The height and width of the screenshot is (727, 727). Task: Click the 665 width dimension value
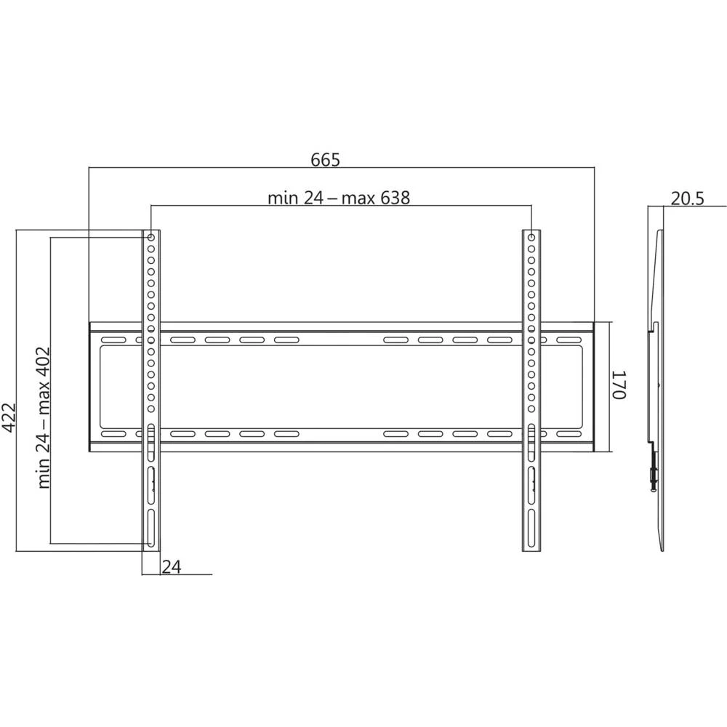326,159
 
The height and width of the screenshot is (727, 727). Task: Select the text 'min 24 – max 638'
339,198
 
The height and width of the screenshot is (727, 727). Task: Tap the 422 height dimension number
9,418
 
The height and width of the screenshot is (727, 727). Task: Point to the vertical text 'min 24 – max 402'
44,418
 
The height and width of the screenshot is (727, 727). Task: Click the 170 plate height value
619,385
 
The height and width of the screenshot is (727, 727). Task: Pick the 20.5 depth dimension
687,198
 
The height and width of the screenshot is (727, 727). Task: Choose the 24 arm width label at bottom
172,566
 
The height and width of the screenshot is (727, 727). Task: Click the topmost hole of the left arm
151,238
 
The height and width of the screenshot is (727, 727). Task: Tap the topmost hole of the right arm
531,238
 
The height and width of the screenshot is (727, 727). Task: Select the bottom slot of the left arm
151,528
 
